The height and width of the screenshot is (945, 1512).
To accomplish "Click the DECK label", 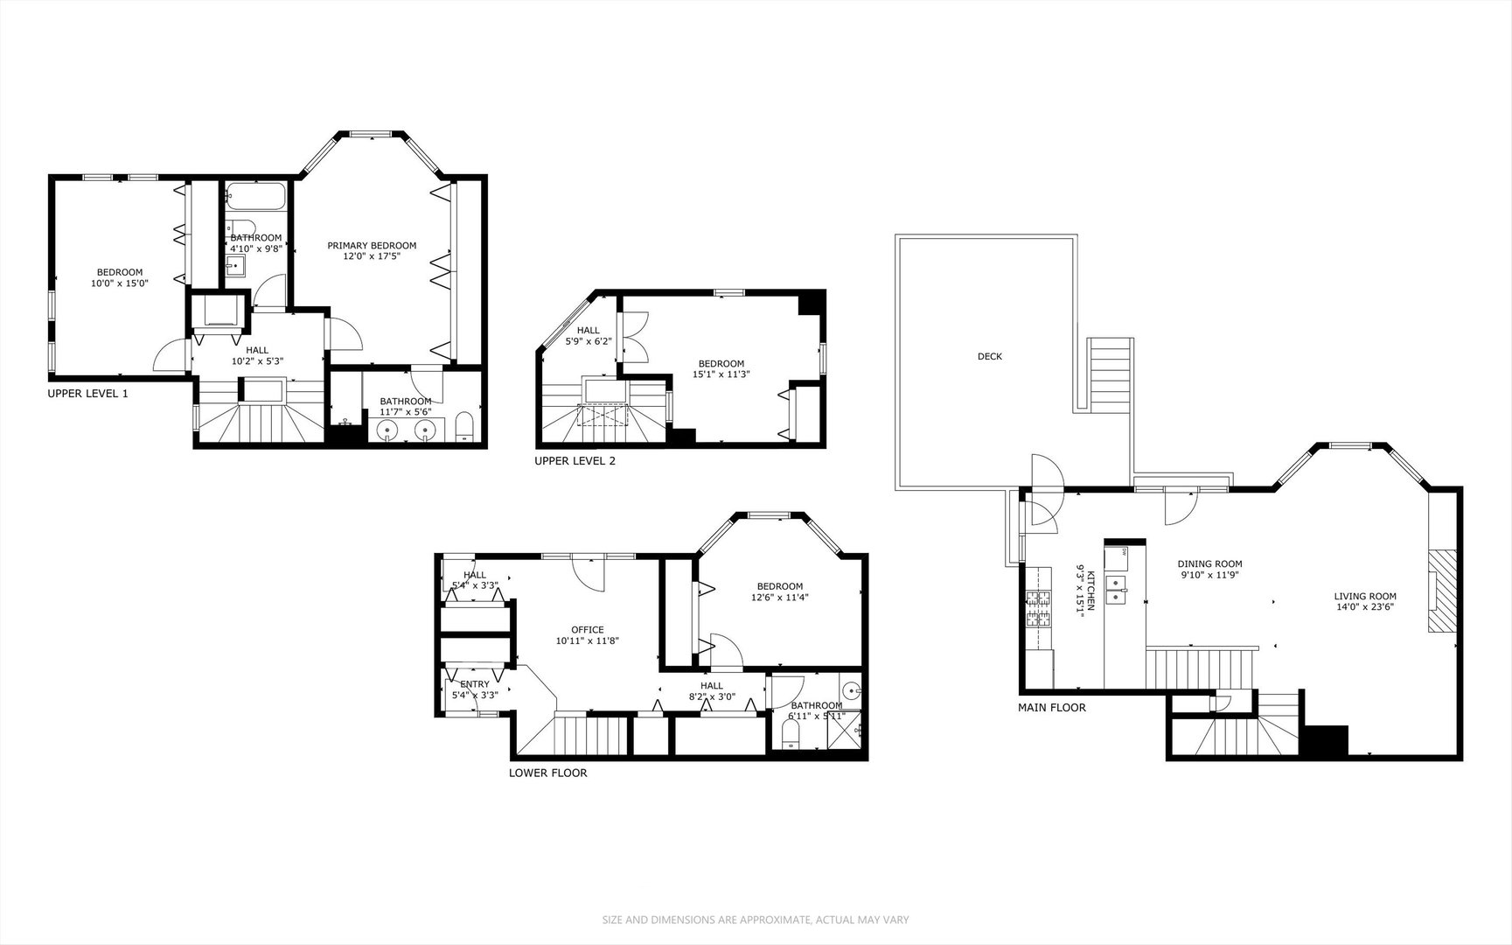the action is point(990,356).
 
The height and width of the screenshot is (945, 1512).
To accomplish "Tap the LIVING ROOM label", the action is point(1364,597).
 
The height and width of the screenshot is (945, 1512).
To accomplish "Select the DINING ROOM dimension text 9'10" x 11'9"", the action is point(1209,575).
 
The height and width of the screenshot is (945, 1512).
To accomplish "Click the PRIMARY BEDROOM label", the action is point(372,246).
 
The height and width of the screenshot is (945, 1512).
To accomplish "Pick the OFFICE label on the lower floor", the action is point(587,630).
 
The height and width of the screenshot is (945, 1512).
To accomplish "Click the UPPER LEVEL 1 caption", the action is point(87,394).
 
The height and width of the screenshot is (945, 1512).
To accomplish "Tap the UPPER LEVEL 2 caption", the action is point(575,460).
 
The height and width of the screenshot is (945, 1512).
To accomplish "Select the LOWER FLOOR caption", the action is point(547,773).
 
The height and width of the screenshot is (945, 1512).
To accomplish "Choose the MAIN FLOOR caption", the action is point(1052,708).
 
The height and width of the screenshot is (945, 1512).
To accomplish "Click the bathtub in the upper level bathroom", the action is point(256,196).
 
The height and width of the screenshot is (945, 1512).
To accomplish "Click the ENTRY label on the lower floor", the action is point(474,684).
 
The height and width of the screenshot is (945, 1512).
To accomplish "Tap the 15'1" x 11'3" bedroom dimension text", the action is point(721,374).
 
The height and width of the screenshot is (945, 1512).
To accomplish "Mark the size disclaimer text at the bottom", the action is point(756,920).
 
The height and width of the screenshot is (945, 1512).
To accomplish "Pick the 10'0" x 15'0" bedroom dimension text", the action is point(120,283).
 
